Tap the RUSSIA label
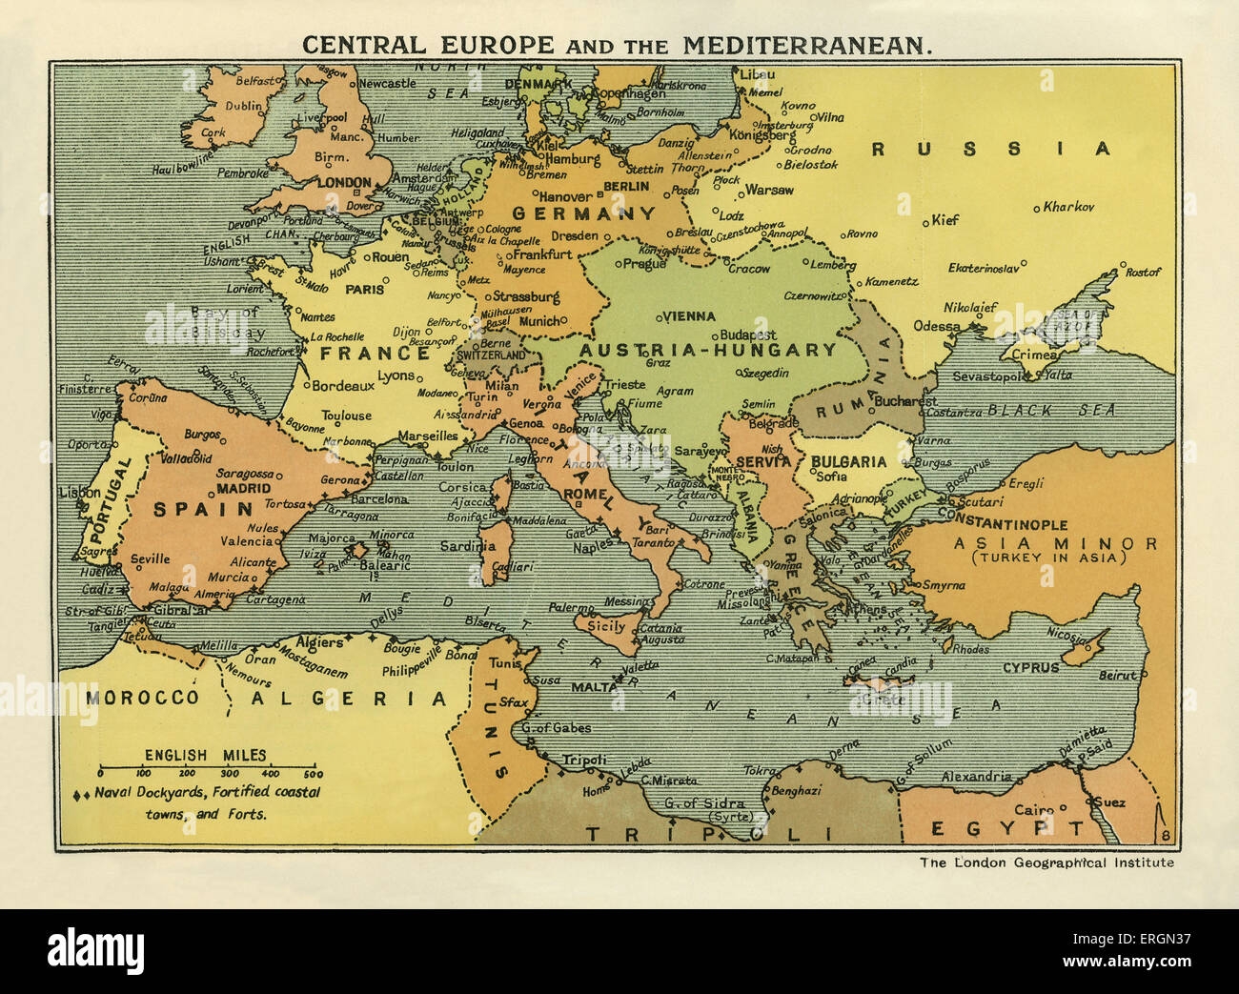tap(991, 149)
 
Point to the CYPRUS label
tap(1031, 667)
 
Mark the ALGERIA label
tap(336, 699)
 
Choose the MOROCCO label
tap(142, 698)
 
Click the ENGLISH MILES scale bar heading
tap(206, 755)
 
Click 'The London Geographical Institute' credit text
tap(1046, 862)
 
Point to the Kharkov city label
tap(1068, 207)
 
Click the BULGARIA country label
tap(848, 461)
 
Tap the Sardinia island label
tap(468, 546)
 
